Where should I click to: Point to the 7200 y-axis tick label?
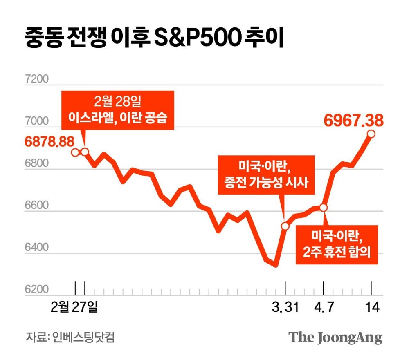tap(36, 78)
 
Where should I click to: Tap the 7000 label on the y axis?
tap(36, 121)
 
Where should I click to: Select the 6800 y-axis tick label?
tap(36, 163)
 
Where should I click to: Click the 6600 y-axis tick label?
tap(36, 206)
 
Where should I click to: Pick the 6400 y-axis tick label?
tap(36, 248)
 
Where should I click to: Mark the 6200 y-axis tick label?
tap(36, 290)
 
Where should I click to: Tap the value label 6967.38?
tap(353, 121)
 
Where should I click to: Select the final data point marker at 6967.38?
tap(371, 134)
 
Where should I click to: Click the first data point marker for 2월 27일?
tap(75, 152)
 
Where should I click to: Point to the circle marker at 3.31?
tap(285, 226)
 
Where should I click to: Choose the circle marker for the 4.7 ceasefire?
tap(324, 208)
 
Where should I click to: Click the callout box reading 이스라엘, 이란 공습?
tap(118, 110)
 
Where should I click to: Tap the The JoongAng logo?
tap(335, 338)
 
